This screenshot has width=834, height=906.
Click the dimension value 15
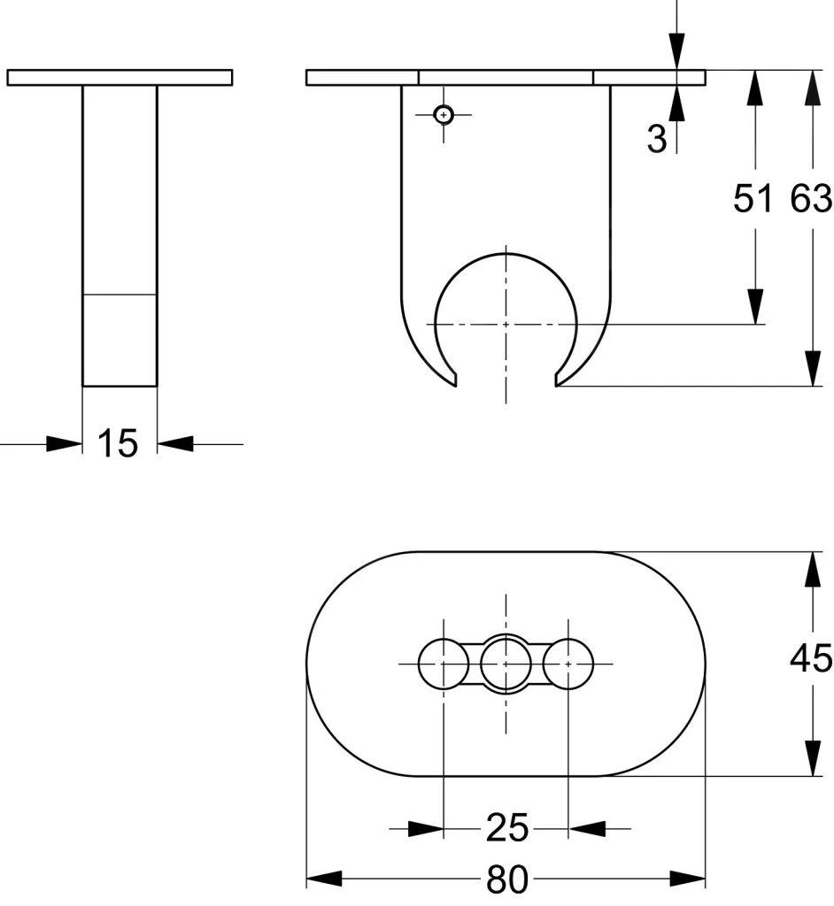(118, 443)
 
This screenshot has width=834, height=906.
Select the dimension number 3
(656, 139)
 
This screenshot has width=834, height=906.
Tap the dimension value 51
(753, 199)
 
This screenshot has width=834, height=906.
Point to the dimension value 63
(811, 199)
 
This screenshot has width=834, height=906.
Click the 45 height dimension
(811, 658)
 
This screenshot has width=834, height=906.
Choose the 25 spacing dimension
(506, 829)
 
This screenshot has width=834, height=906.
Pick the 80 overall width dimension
(506, 880)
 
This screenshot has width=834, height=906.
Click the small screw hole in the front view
(444, 114)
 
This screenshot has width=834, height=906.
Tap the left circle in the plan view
(442, 662)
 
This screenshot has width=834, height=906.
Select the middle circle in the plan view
(506, 662)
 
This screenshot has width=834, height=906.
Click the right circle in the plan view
(568, 662)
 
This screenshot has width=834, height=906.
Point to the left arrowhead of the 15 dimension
(65, 444)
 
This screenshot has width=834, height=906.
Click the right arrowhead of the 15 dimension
(175, 444)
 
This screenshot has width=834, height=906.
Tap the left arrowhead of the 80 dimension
(324, 880)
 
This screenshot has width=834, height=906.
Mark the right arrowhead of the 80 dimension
(689, 880)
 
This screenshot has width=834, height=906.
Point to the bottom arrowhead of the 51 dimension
(754, 306)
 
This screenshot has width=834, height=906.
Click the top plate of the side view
(120, 78)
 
